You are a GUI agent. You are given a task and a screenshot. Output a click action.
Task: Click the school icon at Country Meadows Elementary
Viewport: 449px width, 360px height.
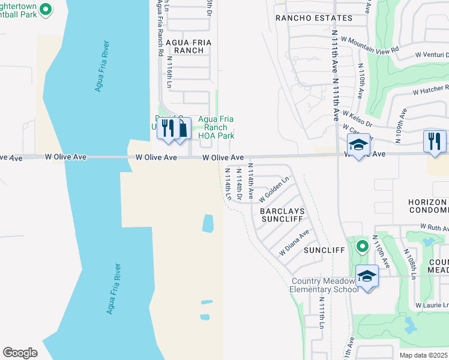click(367, 277)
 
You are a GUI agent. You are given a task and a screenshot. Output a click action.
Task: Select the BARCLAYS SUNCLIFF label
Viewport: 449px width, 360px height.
click(283, 216)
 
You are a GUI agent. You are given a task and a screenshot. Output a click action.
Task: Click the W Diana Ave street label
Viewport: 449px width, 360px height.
click(294, 243)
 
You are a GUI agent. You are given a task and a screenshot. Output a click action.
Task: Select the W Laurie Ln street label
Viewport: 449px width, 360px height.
click(432, 305)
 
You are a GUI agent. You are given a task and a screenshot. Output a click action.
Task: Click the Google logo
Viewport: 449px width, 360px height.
click(20, 352)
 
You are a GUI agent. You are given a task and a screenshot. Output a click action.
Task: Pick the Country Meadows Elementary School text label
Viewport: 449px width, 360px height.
click(325, 285)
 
